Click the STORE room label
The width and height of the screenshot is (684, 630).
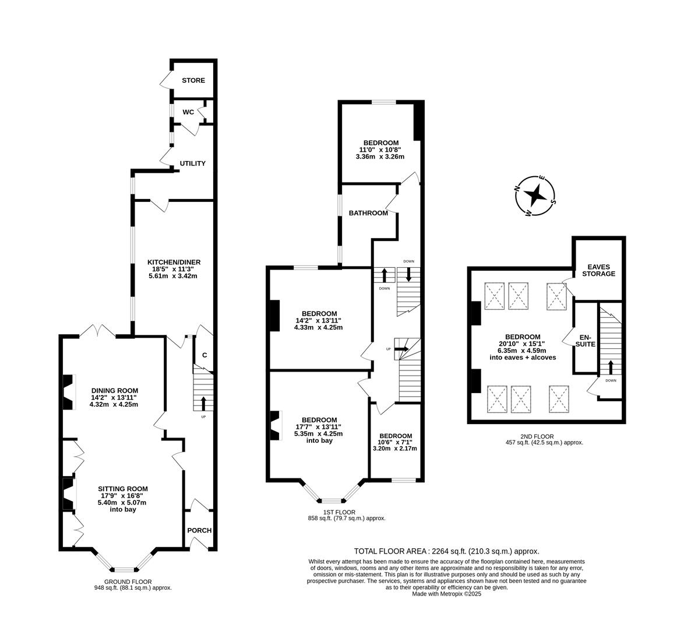(193, 80)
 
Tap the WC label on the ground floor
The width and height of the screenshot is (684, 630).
(188, 112)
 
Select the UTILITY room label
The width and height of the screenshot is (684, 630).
(192, 163)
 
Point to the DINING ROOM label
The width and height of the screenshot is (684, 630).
(114, 391)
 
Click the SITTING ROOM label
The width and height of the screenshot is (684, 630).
(122, 489)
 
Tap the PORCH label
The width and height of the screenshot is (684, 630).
(199, 530)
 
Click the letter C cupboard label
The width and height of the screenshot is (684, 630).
(205, 355)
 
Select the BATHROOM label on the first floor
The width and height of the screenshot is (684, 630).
(368, 213)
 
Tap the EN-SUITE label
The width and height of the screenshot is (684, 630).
(586, 341)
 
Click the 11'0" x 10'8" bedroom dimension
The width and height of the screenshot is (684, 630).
(380, 150)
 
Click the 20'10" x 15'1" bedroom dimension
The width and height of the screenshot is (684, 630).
(522, 344)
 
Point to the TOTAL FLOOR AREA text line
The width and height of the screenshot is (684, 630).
(446, 551)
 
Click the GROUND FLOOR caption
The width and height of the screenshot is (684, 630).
(128, 582)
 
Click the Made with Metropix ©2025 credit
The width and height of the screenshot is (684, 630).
(446, 594)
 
